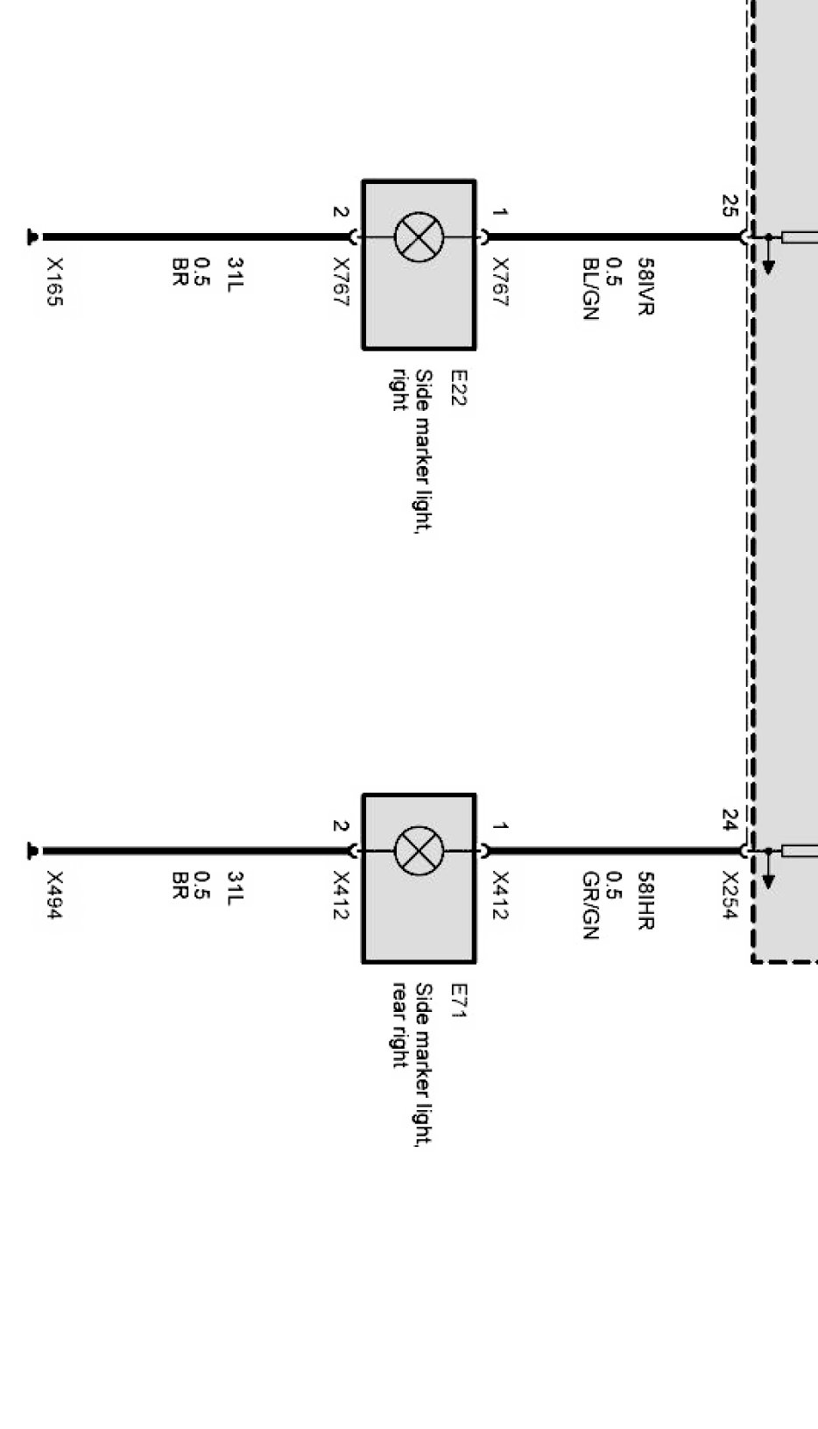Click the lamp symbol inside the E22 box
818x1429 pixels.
tap(419, 237)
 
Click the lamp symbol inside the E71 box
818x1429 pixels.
tap(419, 851)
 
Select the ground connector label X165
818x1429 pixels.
tap(54, 281)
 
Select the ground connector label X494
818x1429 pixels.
tap(54, 895)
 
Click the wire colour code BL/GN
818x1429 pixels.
tap(590, 289)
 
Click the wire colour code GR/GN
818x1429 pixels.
tap(590, 905)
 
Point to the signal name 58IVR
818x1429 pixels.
tap(645, 287)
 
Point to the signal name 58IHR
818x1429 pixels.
tap(645, 901)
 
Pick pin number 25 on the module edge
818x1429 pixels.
tap(729, 206)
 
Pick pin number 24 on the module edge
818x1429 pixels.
tap(729, 820)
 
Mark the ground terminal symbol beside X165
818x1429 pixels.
tap(33, 237)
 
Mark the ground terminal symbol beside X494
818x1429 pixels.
tap(33, 851)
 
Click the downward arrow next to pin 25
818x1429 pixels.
tap(768, 264)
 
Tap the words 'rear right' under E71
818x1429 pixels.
tap(399, 1025)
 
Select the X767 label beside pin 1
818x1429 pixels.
tap(500, 281)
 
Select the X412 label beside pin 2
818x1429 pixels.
tap(342, 895)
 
